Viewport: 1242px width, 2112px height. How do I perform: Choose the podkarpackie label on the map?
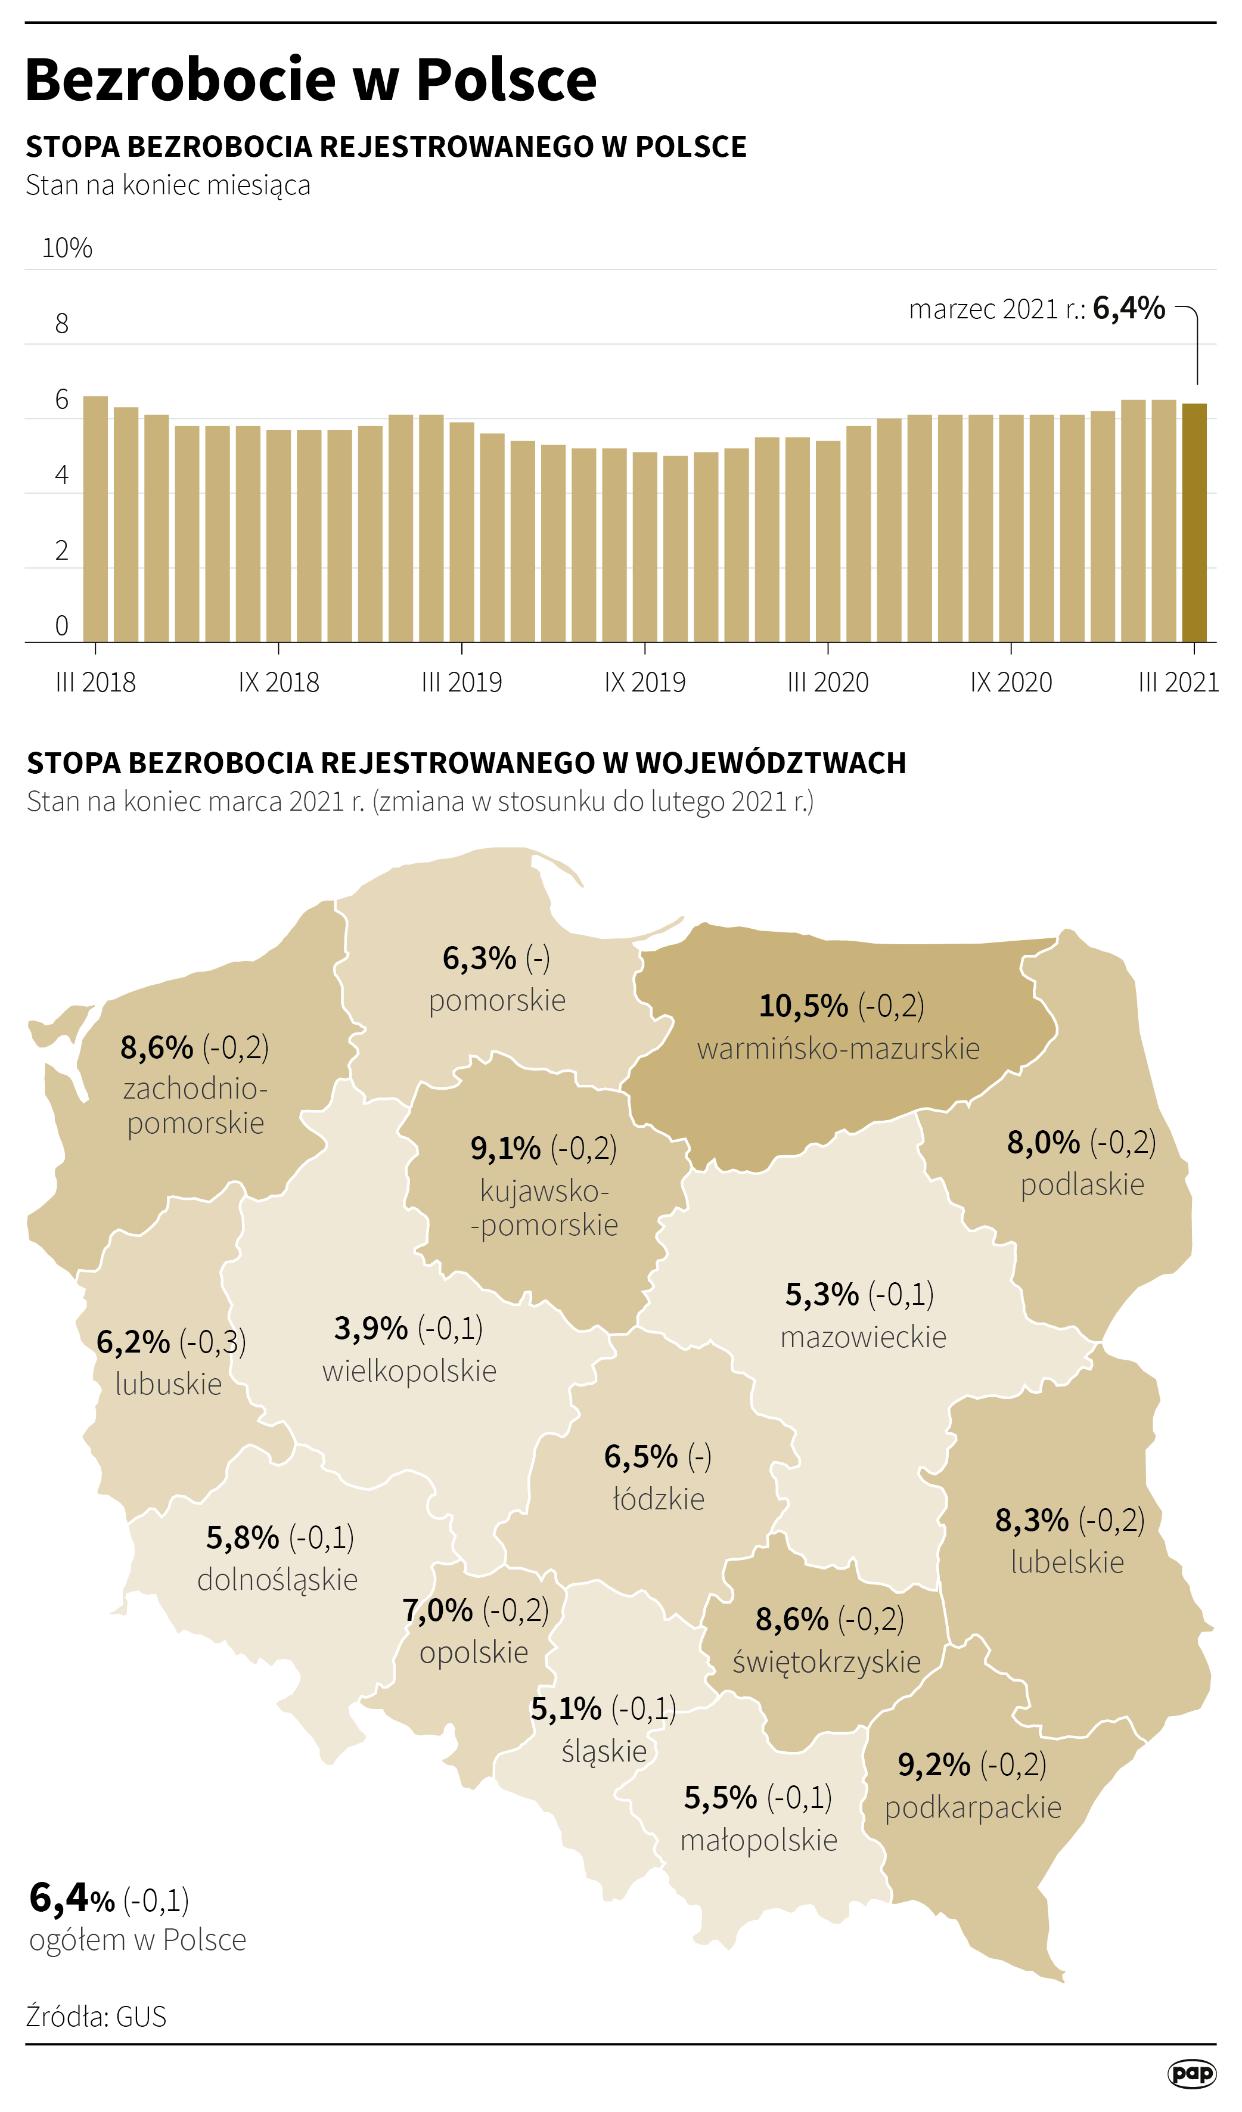point(973,1808)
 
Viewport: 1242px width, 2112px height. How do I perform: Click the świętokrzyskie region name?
point(827,1661)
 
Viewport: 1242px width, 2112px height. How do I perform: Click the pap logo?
point(1192,2073)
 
